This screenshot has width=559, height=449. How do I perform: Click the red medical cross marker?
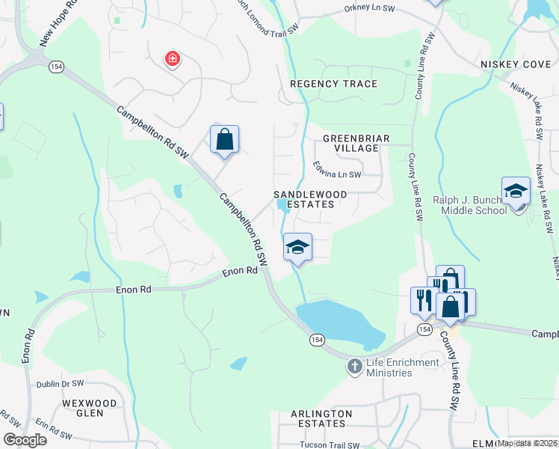(x=173, y=58)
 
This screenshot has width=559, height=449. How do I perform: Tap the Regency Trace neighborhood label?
(x=333, y=84)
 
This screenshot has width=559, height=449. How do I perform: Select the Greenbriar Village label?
(x=351, y=144)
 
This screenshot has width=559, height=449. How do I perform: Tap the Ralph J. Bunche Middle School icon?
(x=516, y=191)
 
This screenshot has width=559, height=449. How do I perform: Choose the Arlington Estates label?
(x=321, y=418)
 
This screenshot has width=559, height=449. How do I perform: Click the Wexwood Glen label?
(x=90, y=409)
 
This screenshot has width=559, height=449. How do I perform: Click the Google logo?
(x=25, y=440)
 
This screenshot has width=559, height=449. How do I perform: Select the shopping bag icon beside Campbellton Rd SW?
(x=224, y=139)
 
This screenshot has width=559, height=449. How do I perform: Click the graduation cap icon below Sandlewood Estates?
(x=297, y=247)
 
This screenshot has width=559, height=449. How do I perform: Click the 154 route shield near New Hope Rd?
(x=55, y=67)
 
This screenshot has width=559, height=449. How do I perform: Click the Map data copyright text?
(x=527, y=443)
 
